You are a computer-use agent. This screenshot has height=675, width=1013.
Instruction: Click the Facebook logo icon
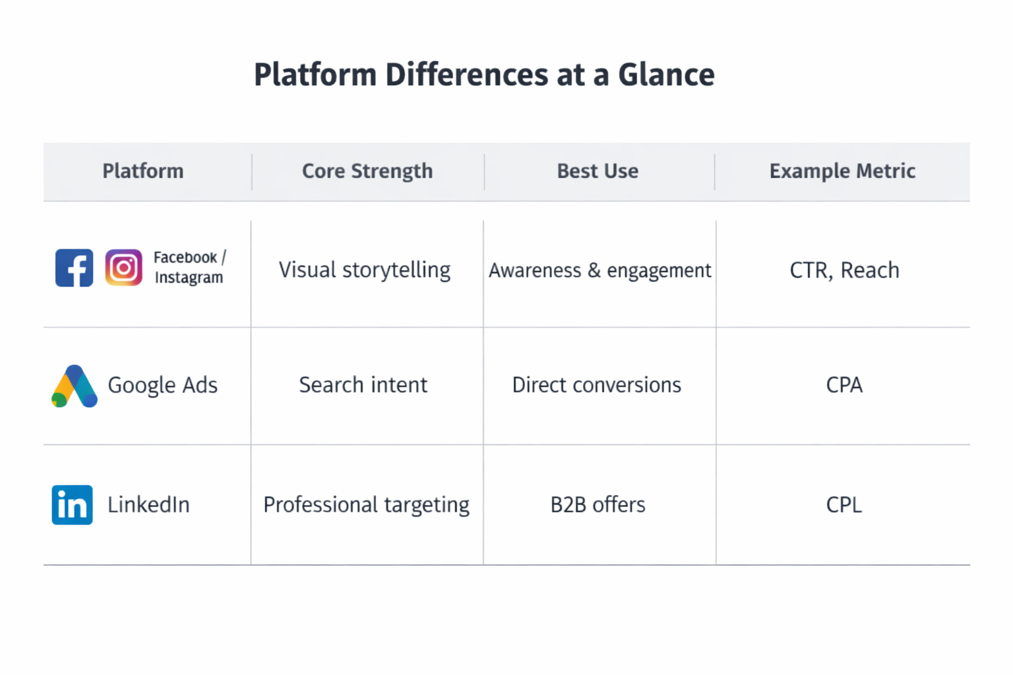point(74,268)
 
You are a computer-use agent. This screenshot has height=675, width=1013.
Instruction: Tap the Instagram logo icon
point(123,268)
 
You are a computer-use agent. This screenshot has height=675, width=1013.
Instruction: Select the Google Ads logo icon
point(75,386)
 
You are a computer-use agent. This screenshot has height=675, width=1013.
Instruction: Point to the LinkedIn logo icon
point(72,505)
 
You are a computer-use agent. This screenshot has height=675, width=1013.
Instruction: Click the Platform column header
point(143,171)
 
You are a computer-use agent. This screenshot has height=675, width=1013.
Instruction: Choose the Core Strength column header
point(367,171)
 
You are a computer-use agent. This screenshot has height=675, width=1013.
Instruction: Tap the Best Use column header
point(598,171)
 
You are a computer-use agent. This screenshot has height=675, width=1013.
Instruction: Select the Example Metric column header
point(842,171)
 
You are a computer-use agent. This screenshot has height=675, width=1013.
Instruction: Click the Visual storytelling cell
point(365,270)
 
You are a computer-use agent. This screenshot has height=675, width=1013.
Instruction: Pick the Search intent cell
point(363,385)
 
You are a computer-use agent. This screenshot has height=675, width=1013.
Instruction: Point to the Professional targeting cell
point(366,505)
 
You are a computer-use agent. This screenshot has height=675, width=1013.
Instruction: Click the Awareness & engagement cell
point(599,270)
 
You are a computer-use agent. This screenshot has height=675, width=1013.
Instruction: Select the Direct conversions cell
point(597,385)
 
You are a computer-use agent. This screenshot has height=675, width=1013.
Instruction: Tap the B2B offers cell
point(598,505)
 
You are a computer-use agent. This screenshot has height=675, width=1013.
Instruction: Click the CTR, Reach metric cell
point(844,270)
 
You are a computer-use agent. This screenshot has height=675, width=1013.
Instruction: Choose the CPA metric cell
point(844,385)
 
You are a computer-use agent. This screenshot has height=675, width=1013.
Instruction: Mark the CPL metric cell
point(844,505)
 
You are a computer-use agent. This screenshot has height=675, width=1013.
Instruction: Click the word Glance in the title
point(666,74)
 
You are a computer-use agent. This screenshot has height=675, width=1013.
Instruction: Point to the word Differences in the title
point(467,74)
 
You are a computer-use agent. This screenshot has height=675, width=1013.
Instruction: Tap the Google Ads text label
point(162,385)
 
